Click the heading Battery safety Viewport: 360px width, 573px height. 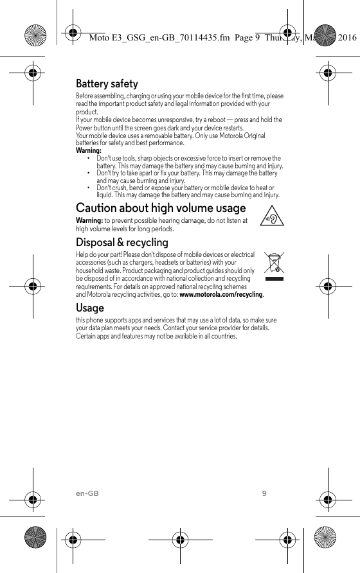click(x=107, y=84)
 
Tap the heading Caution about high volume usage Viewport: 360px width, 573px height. click(x=161, y=208)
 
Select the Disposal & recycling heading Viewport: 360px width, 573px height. click(x=122, y=243)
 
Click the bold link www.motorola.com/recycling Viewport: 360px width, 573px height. click(x=221, y=295)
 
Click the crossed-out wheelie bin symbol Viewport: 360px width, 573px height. click(x=274, y=263)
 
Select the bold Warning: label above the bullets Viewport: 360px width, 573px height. click(x=89, y=151)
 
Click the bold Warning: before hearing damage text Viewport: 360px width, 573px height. click(x=89, y=221)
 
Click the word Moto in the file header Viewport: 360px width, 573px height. click(x=100, y=38)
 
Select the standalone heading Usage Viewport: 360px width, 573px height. click(x=90, y=308)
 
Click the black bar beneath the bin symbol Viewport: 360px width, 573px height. click(x=274, y=279)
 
